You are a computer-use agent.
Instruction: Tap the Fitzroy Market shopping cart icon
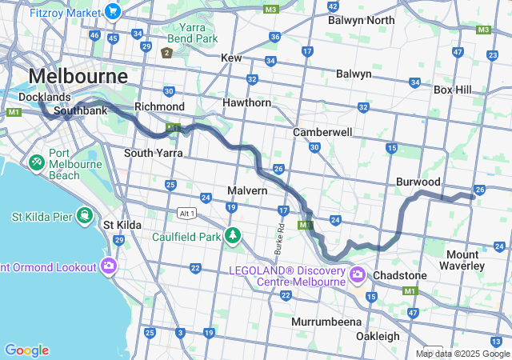112,13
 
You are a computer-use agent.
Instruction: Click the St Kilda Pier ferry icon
84,216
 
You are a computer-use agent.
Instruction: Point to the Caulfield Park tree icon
232,235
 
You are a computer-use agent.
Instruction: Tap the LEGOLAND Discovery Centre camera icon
357,276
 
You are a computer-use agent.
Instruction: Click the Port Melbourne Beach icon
36,162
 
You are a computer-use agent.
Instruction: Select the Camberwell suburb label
318,131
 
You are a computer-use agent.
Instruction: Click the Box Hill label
452,90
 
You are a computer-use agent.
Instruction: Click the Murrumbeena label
327,321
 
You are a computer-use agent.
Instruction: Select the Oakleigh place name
378,336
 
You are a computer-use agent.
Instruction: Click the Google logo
26,350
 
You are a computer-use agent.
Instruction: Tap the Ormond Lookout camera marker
108,266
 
